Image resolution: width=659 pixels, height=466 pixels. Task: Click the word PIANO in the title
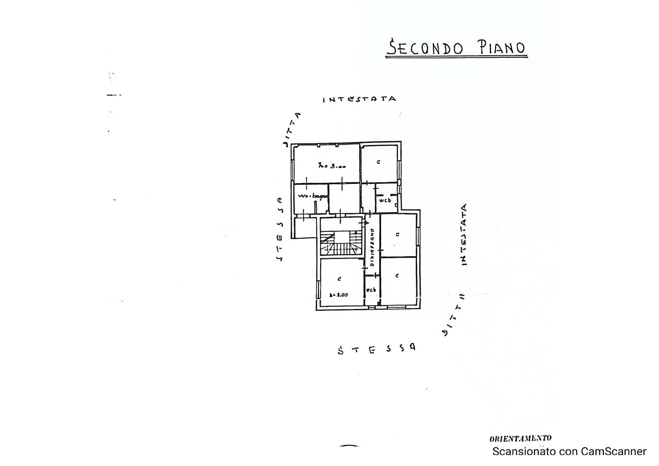502,48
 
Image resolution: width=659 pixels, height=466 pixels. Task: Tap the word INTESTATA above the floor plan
359,99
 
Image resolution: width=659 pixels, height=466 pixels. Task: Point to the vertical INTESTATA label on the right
464,235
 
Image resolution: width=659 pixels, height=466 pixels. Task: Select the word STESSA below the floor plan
377,349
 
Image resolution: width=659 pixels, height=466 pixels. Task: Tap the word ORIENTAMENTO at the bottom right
520,438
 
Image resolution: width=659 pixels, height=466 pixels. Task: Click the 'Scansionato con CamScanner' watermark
569,451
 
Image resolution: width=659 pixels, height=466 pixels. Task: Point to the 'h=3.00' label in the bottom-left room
338,295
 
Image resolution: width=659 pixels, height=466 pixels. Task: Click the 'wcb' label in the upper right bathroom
385,200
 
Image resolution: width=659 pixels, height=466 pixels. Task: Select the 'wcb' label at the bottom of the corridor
371,290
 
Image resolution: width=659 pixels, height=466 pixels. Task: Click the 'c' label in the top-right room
378,162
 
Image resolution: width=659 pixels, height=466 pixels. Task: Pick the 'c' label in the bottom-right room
397,275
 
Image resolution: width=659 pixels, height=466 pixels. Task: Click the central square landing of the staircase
341,237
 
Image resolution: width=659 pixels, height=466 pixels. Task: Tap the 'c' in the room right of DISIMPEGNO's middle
397,235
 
